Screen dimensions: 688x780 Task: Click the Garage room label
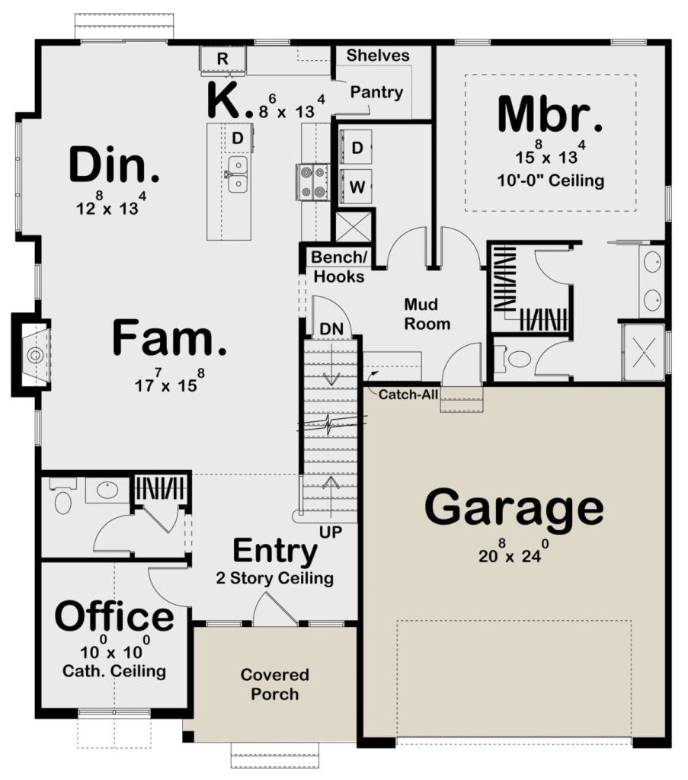pos(514,508)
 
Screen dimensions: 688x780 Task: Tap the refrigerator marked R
pos(223,59)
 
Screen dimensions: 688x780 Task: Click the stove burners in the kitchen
pos(312,182)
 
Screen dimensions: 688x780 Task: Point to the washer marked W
pos(356,187)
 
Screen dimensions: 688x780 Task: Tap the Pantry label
pos(376,92)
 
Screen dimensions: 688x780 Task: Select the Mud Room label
pos(427,314)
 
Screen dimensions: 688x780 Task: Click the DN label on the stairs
pos(331,329)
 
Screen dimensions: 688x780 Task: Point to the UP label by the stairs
pos(331,532)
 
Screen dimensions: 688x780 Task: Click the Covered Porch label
pos(274,684)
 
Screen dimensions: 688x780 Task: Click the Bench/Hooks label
pos(339,267)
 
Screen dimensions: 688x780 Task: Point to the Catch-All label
pos(408,395)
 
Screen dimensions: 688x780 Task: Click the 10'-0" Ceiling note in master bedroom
pos(551,180)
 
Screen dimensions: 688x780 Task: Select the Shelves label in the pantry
pos(378,55)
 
